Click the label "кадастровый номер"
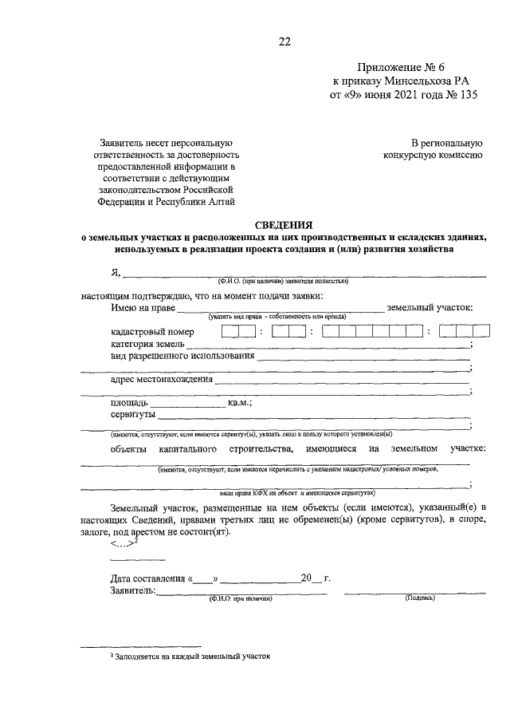pyautogui.click(x=152, y=332)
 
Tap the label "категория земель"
pyautogui.click(x=147, y=344)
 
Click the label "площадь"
pyautogui.click(x=129, y=404)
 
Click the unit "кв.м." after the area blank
pyautogui.click(x=240, y=404)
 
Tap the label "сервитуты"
pyautogui.click(x=133, y=415)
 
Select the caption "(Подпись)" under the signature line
pyautogui.click(x=419, y=598)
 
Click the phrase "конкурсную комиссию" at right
pyautogui.click(x=432, y=155)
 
